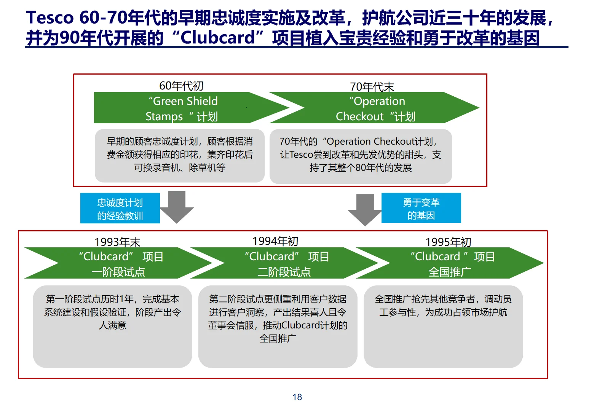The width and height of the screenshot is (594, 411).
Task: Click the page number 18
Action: tap(297, 397)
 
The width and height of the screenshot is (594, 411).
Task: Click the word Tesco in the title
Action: tap(49, 18)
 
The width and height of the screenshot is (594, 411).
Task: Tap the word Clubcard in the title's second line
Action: tap(217, 38)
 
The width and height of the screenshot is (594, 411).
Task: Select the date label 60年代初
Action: tap(181, 86)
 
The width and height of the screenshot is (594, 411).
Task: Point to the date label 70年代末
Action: tap(372, 86)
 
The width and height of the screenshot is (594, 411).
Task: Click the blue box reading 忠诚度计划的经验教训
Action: tap(120, 209)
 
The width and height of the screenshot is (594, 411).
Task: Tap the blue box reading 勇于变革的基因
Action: tap(421, 208)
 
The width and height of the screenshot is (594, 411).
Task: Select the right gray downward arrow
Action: tap(365, 209)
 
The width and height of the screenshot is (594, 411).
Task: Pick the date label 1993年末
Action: tap(117, 242)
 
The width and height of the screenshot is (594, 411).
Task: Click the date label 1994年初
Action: tap(275, 241)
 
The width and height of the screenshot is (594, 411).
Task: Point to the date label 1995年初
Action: tap(448, 242)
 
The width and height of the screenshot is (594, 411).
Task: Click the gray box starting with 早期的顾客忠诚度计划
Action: tap(179, 155)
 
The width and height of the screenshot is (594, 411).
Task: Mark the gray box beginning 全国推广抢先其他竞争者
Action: tap(443, 327)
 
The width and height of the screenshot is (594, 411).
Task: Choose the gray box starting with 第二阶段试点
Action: tap(278, 327)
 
